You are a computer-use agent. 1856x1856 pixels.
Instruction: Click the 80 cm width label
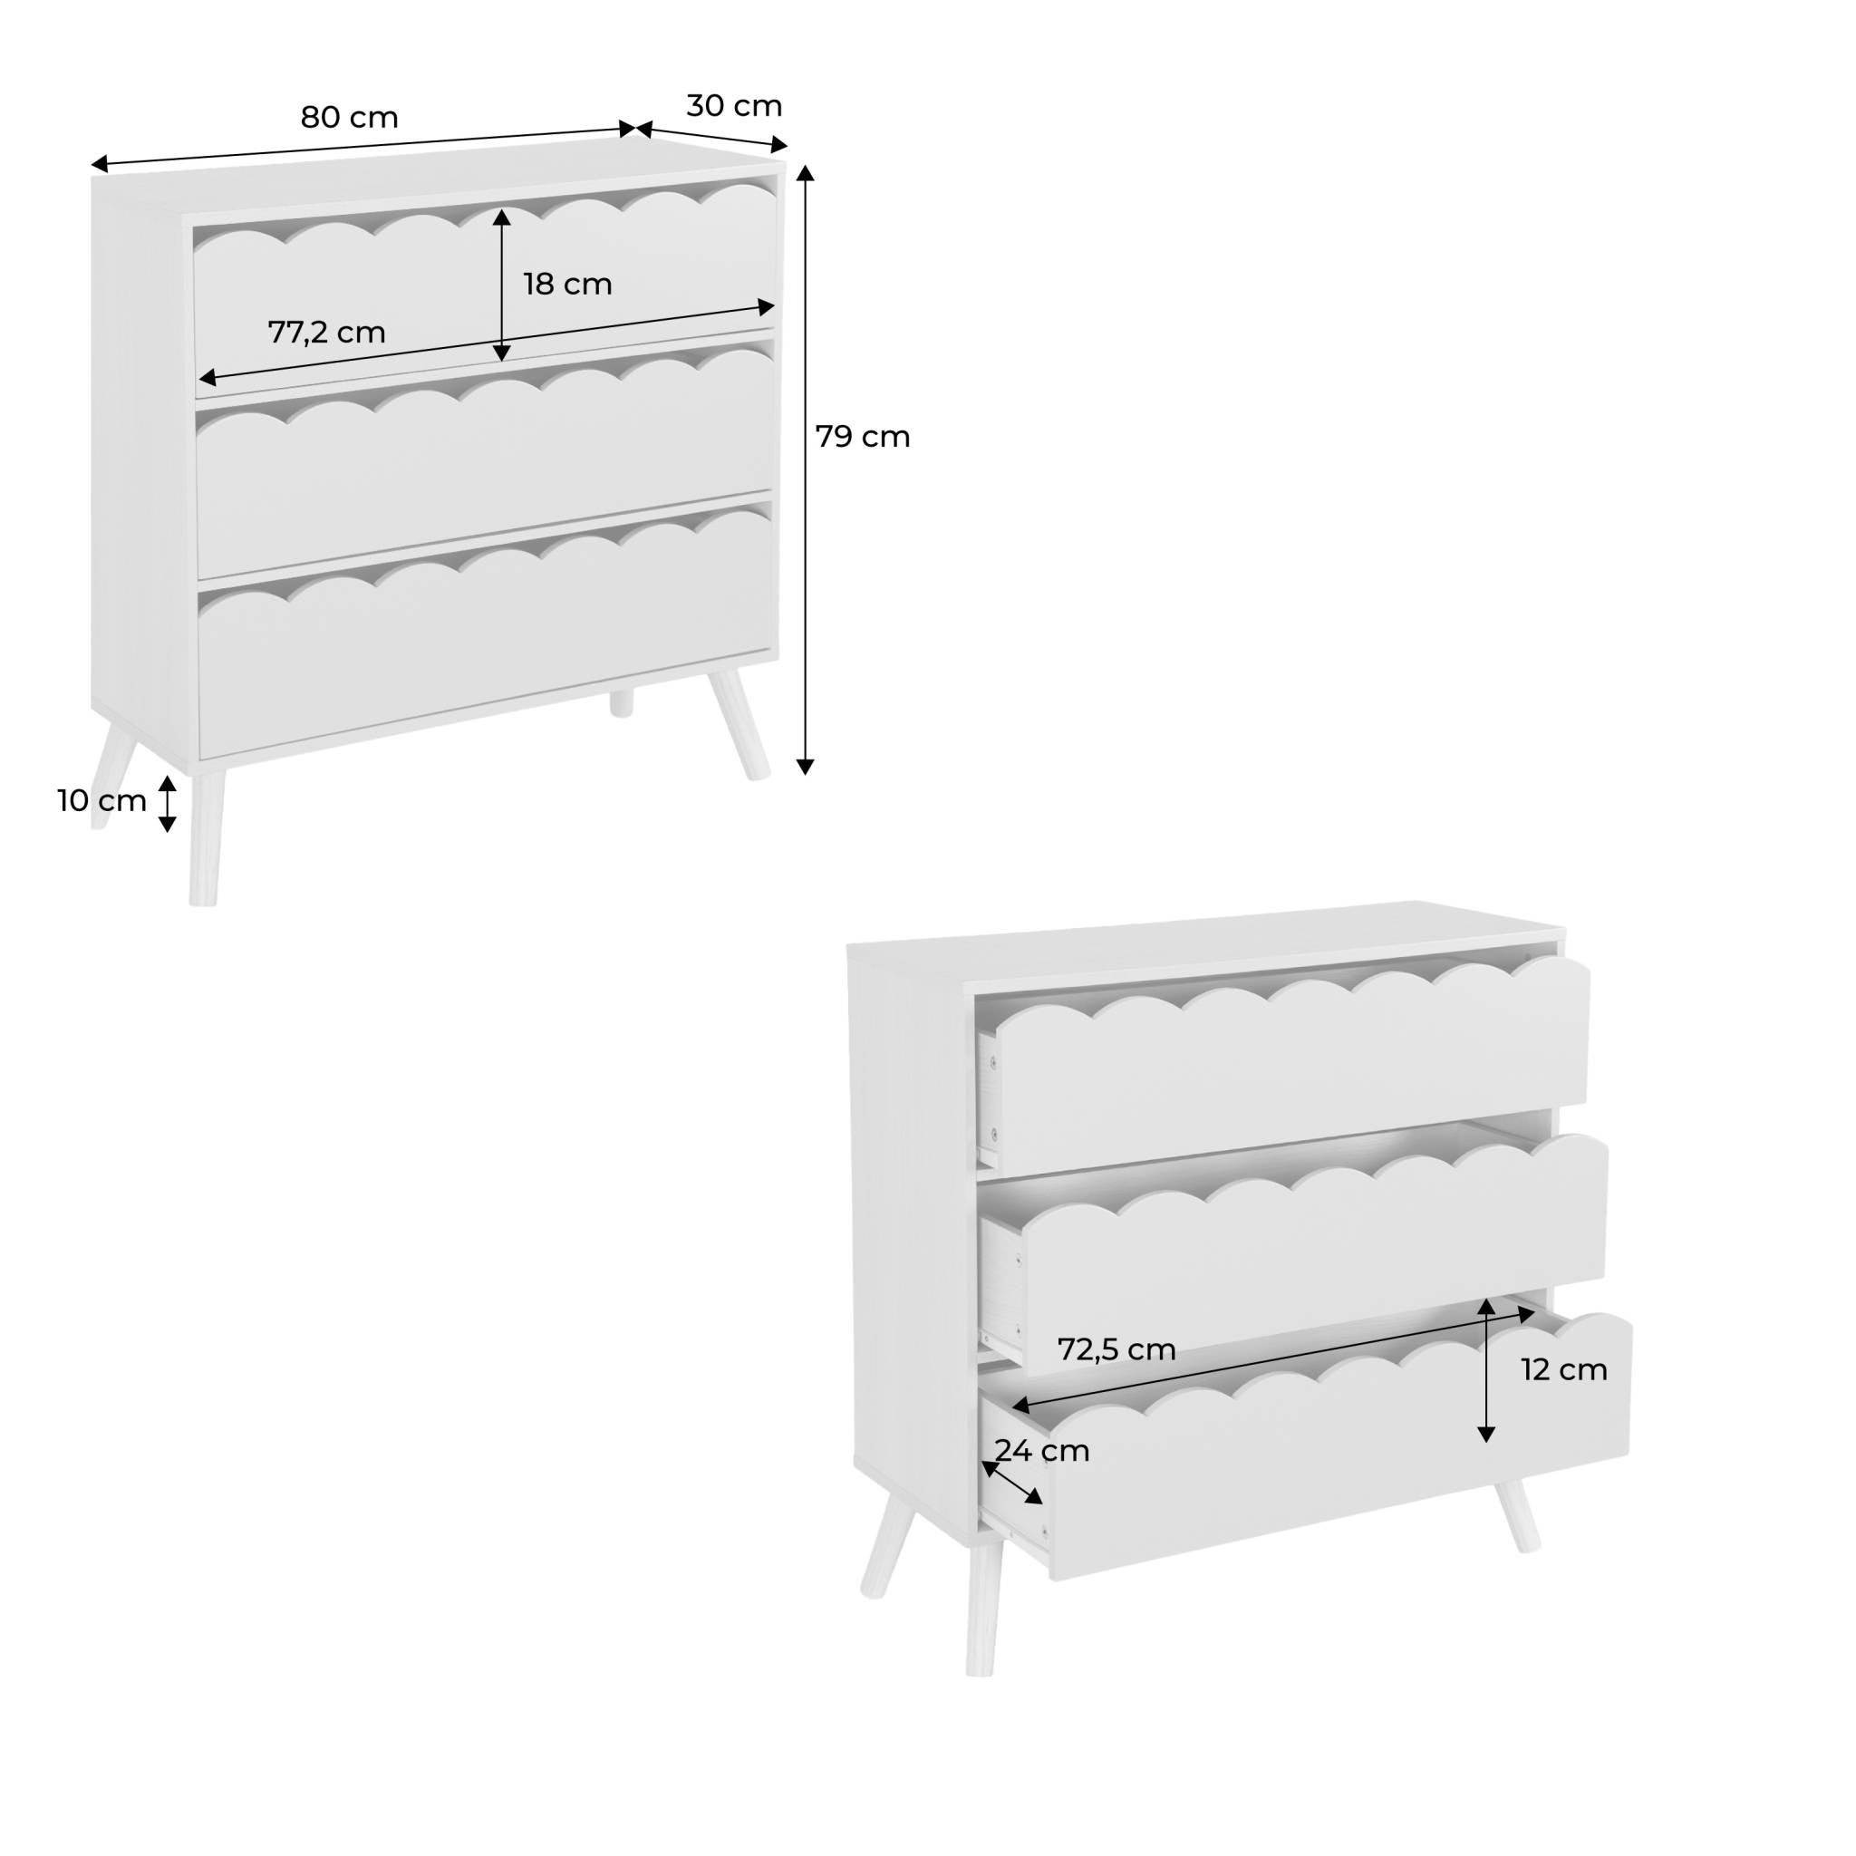click(x=349, y=117)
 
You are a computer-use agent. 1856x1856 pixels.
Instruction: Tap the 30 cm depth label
click(x=734, y=106)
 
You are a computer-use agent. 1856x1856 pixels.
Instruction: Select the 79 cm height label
click(x=862, y=437)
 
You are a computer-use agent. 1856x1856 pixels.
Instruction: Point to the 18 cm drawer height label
click(x=566, y=285)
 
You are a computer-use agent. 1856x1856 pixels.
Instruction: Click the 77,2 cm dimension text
click(x=326, y=333)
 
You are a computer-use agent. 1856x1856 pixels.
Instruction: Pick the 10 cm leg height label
click(x=101, y=800)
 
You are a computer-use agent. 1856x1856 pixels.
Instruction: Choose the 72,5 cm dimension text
click(x=1116, y=1349)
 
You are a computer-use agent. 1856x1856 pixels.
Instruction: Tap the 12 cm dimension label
click(x=1563, y=1370)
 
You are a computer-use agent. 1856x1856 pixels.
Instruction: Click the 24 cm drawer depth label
click(x=1041, y=1451)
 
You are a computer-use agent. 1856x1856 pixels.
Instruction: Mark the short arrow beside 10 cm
click(x=167, y=803)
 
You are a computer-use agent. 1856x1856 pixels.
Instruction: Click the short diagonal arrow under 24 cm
click(x=1010, y=1483)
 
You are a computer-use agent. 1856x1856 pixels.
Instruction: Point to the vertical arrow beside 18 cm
click(x=501, y=285)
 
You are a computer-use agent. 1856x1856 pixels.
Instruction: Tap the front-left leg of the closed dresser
click(x=206, y=836)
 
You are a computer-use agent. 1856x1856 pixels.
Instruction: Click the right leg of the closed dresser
click(x=740, y=725)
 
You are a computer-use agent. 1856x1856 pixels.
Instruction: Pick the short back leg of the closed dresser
click(x=622, y=702)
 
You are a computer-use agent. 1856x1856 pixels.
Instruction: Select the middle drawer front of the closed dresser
click(x=485, y=470)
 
